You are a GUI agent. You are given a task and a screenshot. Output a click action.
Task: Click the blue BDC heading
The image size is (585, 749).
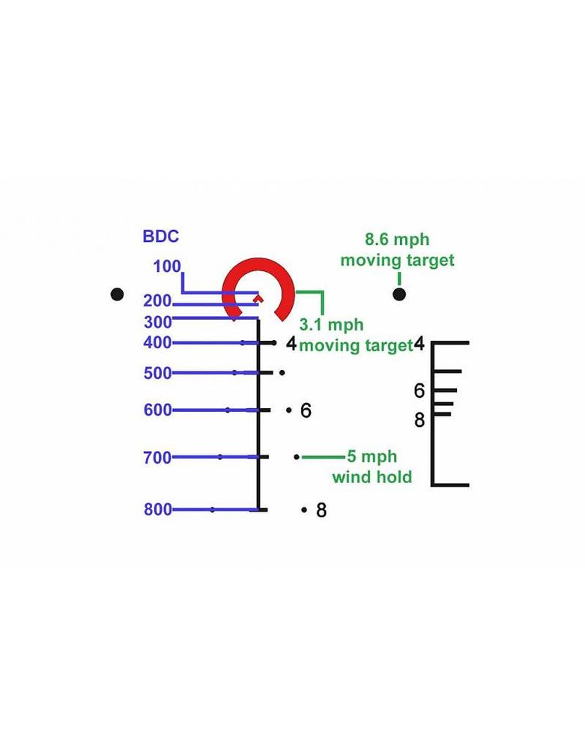coord(161,237)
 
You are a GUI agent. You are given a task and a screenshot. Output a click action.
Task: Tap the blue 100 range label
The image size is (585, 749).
coord(167,267)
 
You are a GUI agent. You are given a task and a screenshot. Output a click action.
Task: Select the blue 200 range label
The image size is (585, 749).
coord(157,301)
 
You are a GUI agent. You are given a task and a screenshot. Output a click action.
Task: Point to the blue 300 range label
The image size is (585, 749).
coord(157,322)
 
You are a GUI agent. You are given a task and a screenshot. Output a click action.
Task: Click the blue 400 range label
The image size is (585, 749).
coord(157,343)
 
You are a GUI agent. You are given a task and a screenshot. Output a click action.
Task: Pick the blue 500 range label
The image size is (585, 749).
coord(157,373)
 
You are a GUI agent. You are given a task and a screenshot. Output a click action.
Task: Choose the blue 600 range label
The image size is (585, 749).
coord(157,410)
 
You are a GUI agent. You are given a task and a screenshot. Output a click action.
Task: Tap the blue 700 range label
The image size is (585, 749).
coord(157,458)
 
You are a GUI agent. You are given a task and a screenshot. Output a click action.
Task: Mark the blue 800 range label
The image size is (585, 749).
coord(157,509)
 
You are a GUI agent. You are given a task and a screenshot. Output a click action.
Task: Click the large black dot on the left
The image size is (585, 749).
coord(117,294)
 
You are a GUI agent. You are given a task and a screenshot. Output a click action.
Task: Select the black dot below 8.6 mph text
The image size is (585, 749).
coord(399,294)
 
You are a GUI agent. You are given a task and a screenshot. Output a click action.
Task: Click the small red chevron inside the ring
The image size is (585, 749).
coord(258,299)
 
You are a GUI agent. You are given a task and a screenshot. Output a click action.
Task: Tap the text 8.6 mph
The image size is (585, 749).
coord(397,240)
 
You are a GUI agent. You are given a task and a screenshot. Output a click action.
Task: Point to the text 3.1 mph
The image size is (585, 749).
coord(331,325)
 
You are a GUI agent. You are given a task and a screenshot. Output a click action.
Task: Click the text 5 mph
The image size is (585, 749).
coord(372,457)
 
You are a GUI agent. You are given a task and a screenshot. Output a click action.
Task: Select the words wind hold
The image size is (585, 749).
coord(372,476)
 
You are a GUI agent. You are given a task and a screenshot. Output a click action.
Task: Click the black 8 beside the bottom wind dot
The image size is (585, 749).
coord(321,510)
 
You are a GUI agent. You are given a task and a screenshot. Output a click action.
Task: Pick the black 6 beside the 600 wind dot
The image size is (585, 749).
coord(306,410)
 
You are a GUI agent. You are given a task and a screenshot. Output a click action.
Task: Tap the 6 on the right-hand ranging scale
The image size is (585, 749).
coord(419,391)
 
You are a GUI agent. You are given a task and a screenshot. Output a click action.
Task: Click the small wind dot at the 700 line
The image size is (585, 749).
coord(297,457)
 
